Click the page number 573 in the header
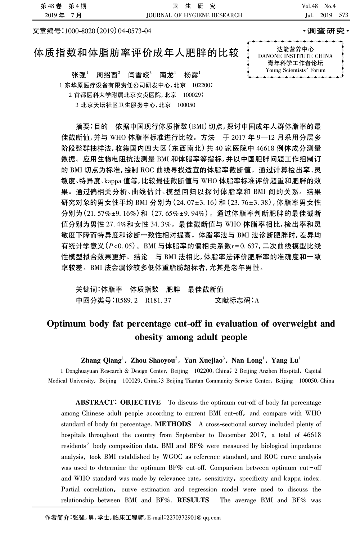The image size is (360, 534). pyautogui.click(x=343, y=15)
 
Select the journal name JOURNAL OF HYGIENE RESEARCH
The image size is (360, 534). pyautogui.click(x=194, y=15)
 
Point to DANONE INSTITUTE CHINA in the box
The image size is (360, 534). pyautogui.click(x=295, y=56)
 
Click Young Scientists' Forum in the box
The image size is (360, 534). pyautogui.click(x=295, y=70)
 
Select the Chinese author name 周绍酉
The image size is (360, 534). pyautogui.click(x=107, y=75)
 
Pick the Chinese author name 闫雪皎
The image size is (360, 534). pyautogui.click(x=139, y=75)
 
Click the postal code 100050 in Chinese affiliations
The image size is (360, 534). pyautogui.click(x=186, y=105)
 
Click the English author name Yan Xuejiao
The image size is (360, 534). pyautogui.click(x=204, y=360)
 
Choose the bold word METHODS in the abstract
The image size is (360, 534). pyautogui.click(x=173, y=424)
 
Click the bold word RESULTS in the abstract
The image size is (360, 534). pyautogui.click(x=193, y=500)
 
